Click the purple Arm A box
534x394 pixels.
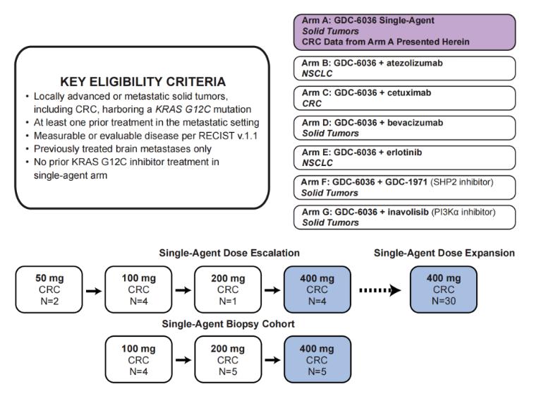pyautogui.click(x=405, y=32)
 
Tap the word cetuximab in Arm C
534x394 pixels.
pyautogui.click(x=409, y=92)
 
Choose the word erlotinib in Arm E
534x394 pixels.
pyautogui.click(x=404, y=153)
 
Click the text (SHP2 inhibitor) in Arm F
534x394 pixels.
pyautogui.click(x=462, y=182)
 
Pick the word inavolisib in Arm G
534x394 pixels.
pyautogui.click(x=408, y=212)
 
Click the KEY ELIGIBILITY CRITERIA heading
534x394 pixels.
pyautogui.click(x=142, y=82)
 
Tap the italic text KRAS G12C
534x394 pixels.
pyautogui.click(x=183, y=109)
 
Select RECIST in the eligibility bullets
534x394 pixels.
pyautogui.click(x=217, y=136)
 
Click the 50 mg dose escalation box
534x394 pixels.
pyautogui.click(x=49, y=289)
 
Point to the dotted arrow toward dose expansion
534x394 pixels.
pyautogui.click(x=380, y=290)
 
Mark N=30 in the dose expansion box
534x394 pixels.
pyautogui.click(x=444, y=301)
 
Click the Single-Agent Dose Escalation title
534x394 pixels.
pyautogui.click(x=229, y=253)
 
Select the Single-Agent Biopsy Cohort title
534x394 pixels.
pyautogui.click(x=228, y=324)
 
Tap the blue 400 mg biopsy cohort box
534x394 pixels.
pyautogui.click(x=317, y=359)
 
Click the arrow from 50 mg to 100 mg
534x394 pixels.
pyautogui.click(x=94, y=291)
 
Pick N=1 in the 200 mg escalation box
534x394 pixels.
pyautogui.click(x=228, y=302)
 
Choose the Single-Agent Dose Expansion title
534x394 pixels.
pyautogui.click(x=444, y=253)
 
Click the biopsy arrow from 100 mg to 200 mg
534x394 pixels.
pyautogui.click(x=183, y=360)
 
